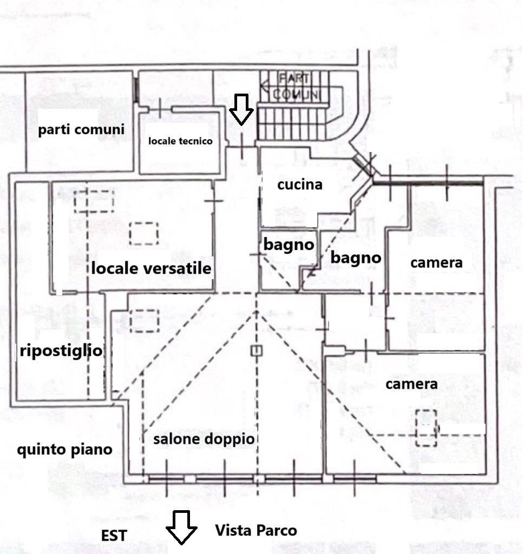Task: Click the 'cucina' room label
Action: tap(299, 184)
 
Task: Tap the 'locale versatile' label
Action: tap(151, 268)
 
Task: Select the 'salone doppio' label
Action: tap(204, 439)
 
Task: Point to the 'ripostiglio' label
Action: tap(61, 351)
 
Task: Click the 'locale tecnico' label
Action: tap(180, 141)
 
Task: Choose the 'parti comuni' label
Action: tap(81, 130)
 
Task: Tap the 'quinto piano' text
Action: tap(64, 450)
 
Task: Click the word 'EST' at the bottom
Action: tap(114, 536)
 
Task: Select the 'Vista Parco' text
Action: tap(256, 530)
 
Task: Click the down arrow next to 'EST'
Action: tap(181, 526)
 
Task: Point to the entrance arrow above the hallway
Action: tap(241, 108)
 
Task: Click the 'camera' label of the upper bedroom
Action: tap(436, 263)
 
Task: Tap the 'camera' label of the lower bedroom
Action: tap(411, 384)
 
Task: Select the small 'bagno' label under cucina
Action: tap(289, 245)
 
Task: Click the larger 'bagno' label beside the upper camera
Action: tap(356, 258)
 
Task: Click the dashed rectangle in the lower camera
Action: tap(427, 428)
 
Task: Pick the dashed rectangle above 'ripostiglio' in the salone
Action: tap(144, 320)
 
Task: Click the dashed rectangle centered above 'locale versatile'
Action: tap(144, 234)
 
